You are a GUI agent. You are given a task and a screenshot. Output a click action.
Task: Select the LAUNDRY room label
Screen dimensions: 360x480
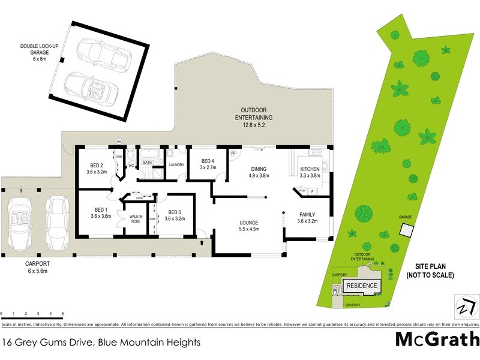click(x=176, y=164)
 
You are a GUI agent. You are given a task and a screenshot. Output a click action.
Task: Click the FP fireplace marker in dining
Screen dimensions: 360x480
click(x=233, y=153)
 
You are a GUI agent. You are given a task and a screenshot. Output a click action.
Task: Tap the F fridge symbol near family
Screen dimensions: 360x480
click(x=312, y=191)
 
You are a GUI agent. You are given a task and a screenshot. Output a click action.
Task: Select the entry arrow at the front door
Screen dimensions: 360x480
click(x=202, y=242)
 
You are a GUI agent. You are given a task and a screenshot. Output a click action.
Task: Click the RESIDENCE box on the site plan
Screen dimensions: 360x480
click(x=362, y=286)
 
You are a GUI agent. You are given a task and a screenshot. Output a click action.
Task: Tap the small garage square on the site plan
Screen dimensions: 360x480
click(x=407, y=230)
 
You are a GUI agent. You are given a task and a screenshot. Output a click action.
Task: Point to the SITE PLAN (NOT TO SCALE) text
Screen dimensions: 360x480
click(x=429, y=270)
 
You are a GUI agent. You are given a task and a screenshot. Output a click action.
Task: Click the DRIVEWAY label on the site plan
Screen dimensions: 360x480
click(x=353, y=305)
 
